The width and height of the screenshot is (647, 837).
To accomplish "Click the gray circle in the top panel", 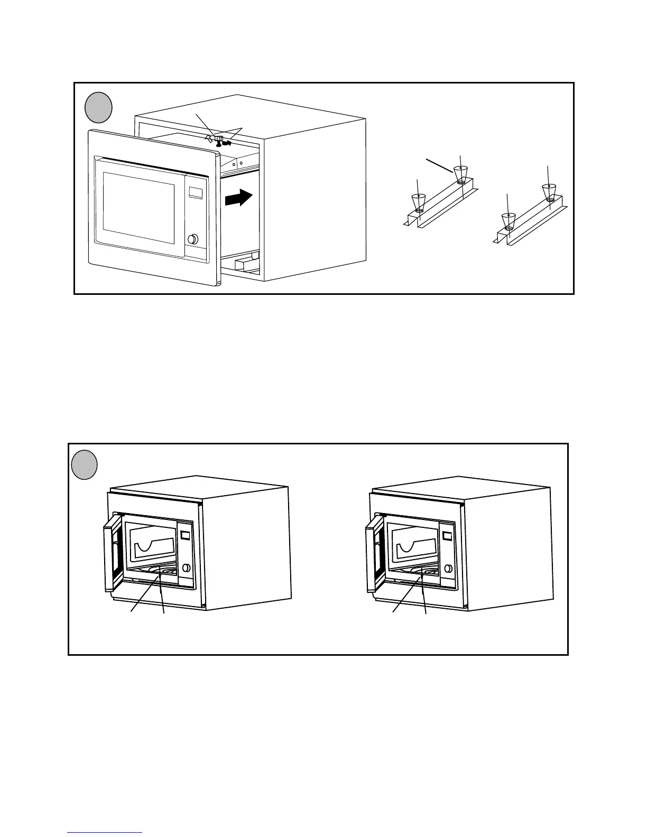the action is [x=99, y=107].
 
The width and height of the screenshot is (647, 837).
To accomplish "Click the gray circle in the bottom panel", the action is [x=84, y=465].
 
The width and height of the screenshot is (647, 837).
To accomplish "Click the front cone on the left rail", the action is [x=419, y=201].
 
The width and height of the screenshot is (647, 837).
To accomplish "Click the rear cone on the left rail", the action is [x=461, y=173].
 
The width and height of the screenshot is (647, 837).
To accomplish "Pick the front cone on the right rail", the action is [x=509, y=220].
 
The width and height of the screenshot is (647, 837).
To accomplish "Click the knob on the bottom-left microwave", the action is [x=186, y=569].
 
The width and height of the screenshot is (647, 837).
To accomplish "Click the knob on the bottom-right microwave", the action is [x=449, y=569].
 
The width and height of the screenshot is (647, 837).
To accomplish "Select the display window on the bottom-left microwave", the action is [x=185, y=535].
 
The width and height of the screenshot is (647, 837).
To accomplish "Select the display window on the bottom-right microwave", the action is [x=447, y=535].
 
